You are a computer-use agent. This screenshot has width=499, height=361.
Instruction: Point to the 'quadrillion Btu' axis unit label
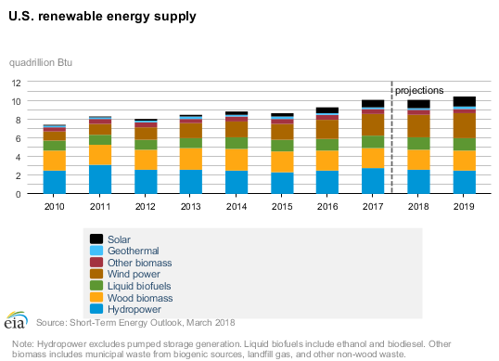point(41,62)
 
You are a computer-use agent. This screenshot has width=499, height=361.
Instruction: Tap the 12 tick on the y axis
point(16,82)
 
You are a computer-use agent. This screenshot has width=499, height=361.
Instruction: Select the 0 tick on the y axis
point(19,194)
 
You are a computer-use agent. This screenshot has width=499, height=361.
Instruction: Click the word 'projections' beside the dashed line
point(419,90)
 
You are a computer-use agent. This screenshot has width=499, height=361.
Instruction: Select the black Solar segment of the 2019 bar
point(464,101)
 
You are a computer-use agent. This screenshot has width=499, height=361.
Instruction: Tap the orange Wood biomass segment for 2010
point(55,161)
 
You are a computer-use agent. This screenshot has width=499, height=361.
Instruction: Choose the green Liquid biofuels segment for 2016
point(327,145)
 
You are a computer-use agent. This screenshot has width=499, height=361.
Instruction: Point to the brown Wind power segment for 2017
point(373,124)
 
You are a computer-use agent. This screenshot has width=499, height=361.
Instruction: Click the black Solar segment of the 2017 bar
point(373,104)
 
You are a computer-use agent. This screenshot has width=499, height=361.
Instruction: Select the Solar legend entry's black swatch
point(94,239)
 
